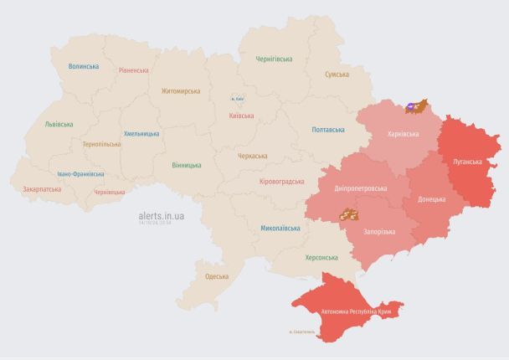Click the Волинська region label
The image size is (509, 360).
pyautogui.click(x=84, y=66)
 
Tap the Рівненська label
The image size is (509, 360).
pyautogui.click(x=134, y=70)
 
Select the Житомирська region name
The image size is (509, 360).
pyautogui.click(x=182, y=90)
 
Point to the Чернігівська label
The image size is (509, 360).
pyautogui.click(x=274, y=59)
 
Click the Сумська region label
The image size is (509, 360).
pyautogui.click(x=337, y=75)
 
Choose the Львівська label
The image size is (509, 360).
pyautogui.click(x=59, y=124)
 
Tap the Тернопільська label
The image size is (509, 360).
pyautogui.click(x=101, y=143)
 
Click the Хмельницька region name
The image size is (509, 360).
pyautogui.click(x=141, y=133)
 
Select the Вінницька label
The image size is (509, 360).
pyautogui.click(x=186, y=165)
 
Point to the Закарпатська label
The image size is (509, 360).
pyautogui.click(x=41, y=189)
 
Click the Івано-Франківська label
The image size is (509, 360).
pyautogui.click(x=81, y=174)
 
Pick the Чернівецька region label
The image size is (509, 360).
pyautogui.click(x=109, y=192)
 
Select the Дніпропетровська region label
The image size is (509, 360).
pyautogui.click(x=360, y=189)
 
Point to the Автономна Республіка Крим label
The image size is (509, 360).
pyautogui.click(x=356, y=311)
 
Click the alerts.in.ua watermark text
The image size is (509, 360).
pyautogui.click(x=162, y=215)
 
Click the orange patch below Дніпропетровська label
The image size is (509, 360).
pyautogui.click(x=347, y=214)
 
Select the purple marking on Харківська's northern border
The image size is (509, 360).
pyautogui.click(x=412, y=107)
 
